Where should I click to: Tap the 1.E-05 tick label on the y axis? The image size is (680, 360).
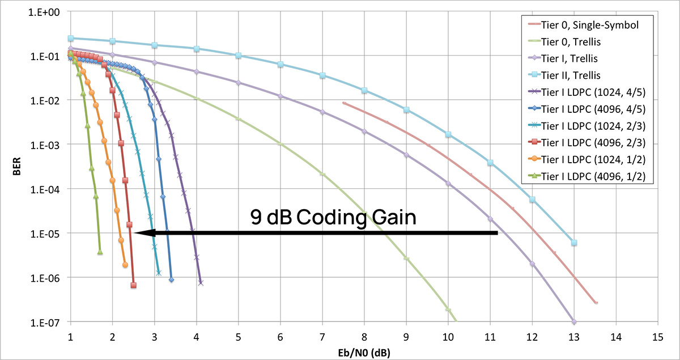point(50,233)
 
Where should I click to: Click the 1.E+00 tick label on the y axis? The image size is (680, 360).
point(50,11)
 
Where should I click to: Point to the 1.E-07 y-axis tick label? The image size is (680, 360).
point(50,322)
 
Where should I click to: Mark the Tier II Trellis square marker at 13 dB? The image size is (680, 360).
point(574,243)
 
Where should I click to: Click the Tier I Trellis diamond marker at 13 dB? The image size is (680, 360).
point(574,321)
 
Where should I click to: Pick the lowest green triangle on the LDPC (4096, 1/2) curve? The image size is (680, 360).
point(100,252)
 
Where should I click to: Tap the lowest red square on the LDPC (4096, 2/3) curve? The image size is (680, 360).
point(133,285)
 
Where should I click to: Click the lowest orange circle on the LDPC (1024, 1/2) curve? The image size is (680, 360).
point(125,265)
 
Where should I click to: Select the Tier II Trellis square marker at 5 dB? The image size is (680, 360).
point(239,56)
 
